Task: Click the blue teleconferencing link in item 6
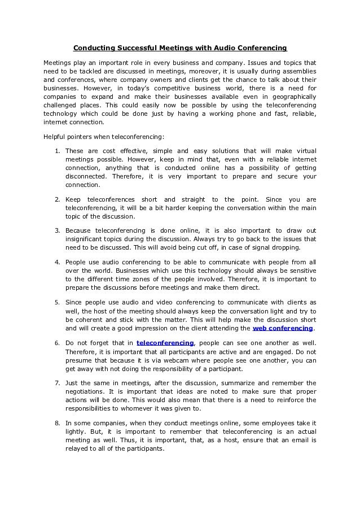click(x=165, y=342)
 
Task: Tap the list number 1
click(x=58, y=151)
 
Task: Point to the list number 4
click(x=58, y=262)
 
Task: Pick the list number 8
click(x=58, y=422)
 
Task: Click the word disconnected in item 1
click(x=86, y=176)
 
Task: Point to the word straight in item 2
click(x=190, y=199)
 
